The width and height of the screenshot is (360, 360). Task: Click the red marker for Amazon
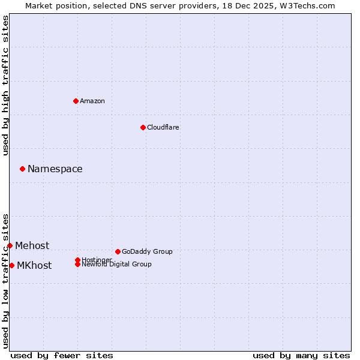coord(76,101)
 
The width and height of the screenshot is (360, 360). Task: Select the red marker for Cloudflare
coord(143,127)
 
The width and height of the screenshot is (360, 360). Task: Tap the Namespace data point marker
coord(22,169)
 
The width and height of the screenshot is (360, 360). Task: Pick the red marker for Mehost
coord(10,245)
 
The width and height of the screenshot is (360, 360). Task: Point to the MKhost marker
coord(11,265)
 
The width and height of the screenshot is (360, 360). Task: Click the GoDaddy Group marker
coord(118,251)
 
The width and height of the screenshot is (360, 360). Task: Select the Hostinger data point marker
coord(77,260)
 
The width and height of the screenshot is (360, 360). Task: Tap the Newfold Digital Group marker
coord(77,264)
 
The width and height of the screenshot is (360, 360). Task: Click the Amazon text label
coord(92,101)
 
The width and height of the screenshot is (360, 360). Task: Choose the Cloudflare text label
coord(163,127)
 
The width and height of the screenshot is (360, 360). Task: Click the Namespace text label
coord(55,169)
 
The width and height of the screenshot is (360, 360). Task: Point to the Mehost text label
coord(32,245)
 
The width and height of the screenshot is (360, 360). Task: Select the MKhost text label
coord(34,265)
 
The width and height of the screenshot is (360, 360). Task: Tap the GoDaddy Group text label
coord(147,251)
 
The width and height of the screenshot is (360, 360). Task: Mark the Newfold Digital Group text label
coord(117,265)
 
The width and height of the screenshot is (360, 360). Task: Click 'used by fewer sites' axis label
coord(62,355)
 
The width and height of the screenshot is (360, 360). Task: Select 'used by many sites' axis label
coord(301,355)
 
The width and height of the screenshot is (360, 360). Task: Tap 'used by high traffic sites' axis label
coord(6,85)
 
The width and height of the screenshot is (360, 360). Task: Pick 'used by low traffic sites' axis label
coord(6,281)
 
